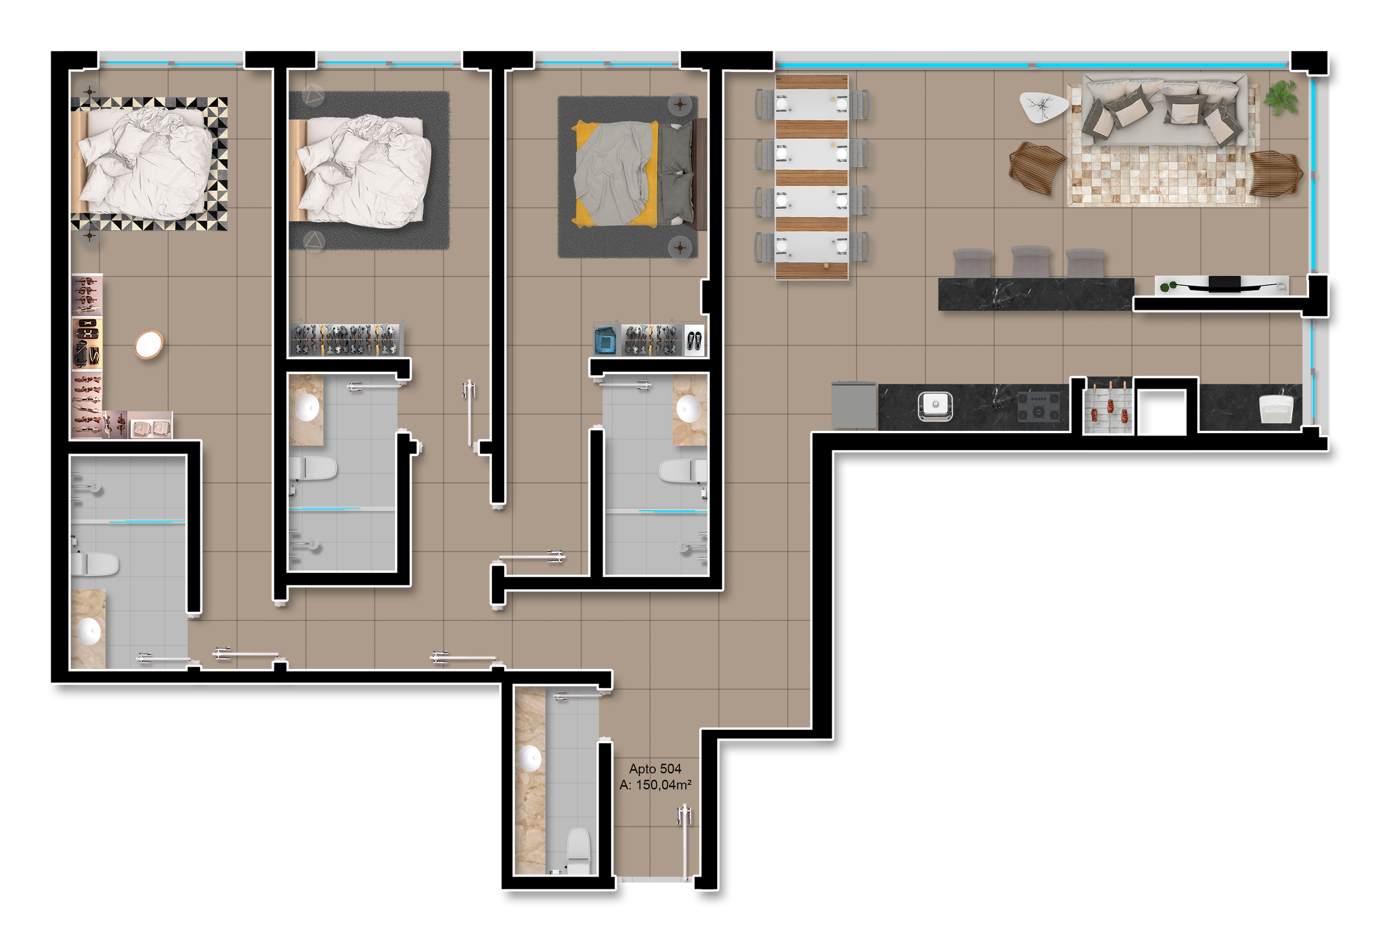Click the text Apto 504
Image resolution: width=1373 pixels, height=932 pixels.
tap(655, 768)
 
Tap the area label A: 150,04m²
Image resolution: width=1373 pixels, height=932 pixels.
tap(655, 785)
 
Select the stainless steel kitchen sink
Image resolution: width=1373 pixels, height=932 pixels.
tap(935, 406)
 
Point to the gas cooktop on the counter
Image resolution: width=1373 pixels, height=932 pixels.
tap(1038, 406)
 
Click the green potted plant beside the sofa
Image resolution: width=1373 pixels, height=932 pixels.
tap(1281, 97)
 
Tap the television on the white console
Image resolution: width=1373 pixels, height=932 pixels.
tap(1224, 283)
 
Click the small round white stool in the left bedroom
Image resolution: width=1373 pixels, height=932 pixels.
tap(149, 345)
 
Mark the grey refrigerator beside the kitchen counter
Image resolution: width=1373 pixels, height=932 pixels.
tap(854, 405)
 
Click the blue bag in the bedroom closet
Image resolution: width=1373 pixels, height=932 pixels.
tap(605, 340)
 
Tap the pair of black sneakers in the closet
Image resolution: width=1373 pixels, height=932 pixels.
tap(694, 341)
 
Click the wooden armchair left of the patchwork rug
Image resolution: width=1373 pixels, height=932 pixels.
tap(1036, 167)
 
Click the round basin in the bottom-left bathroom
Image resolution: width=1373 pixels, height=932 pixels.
tap(89, 631)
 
